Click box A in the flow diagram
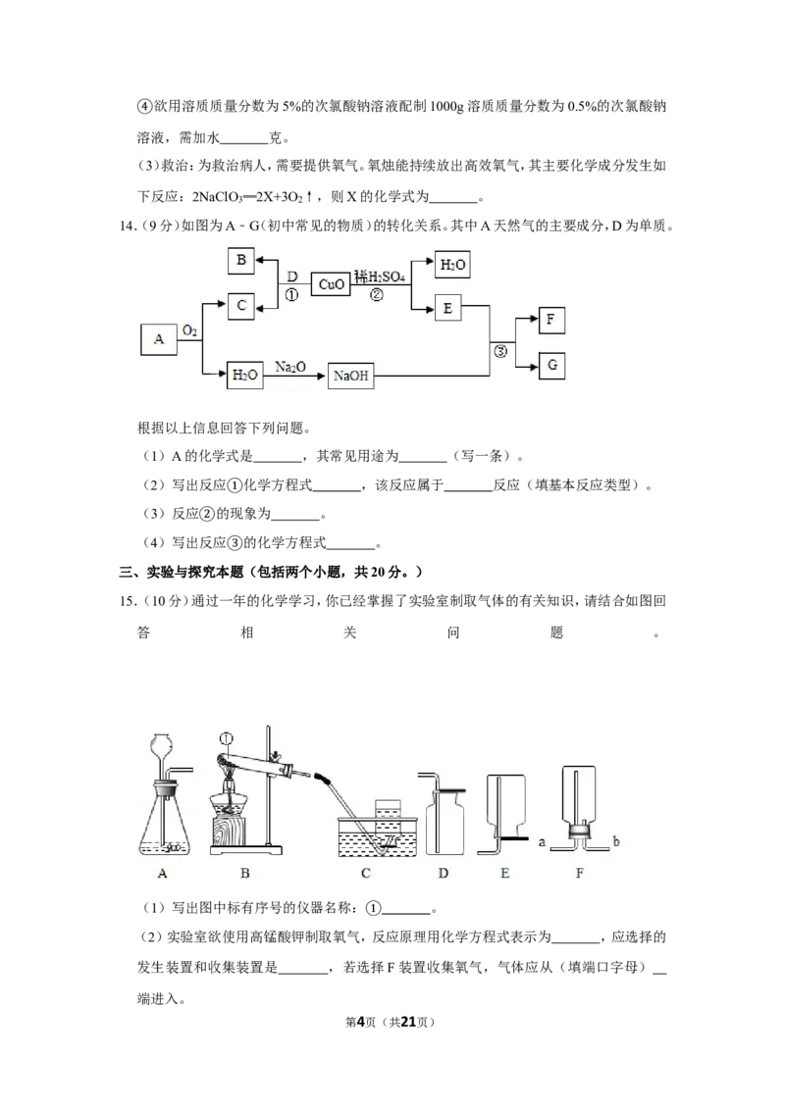coord(159,339)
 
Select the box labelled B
coord(240,261)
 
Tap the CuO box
coord(331,283)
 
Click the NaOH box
coord(350,376)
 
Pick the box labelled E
coord(447,308)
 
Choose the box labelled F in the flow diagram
coord(551,320)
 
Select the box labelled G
coord(551,366)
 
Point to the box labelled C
coord(240,306)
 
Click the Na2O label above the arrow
coord(289,367)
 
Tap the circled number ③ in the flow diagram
coord(500,350)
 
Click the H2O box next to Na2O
coord(245,376)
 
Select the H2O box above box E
coord(452,265)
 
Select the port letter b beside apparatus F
coord(615,841)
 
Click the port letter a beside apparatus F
coord(542,842)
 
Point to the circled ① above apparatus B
coord(227,739)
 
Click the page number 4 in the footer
coord(360,1022)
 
